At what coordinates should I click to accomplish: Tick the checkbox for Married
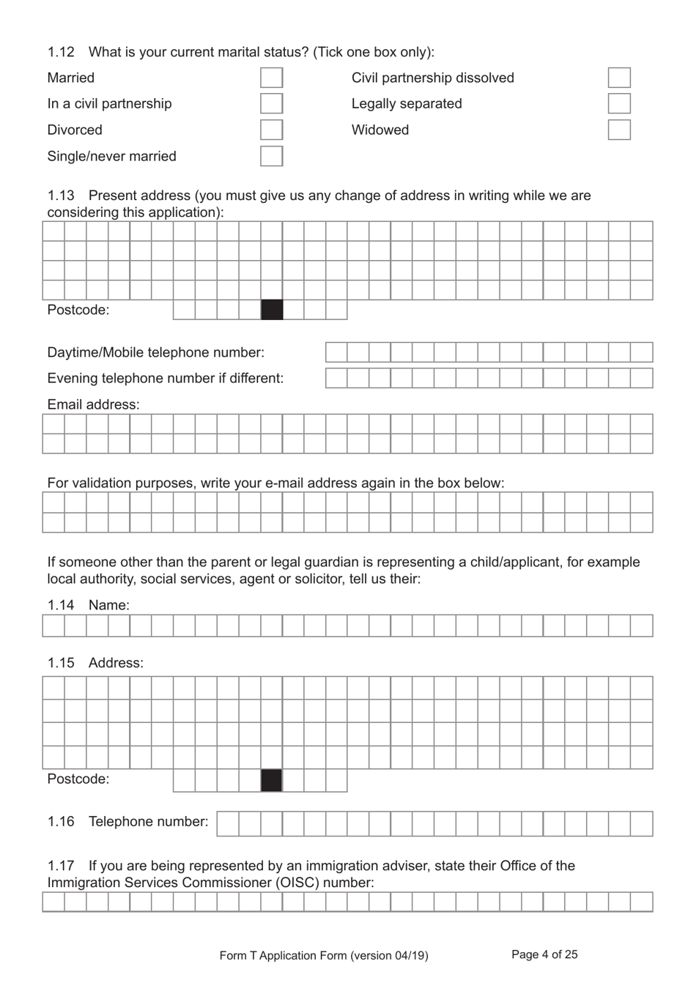point(271,78)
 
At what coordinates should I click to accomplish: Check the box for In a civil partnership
point(271,103)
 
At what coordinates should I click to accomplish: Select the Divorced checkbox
point(271,130)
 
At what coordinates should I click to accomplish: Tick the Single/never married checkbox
point(271,156)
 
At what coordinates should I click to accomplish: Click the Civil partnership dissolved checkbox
point(619,78)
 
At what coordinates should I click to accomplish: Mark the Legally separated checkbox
point(619,103)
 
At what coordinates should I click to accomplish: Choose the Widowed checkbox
point(619,130)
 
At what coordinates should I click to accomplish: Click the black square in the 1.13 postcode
point(272,310)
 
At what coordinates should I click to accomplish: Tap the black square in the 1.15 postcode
point(271,780)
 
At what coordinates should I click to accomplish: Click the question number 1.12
point(61,52)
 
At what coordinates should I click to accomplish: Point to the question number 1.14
point(61,605)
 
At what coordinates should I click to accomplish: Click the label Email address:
point(93,404)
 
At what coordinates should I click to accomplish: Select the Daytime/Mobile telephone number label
point(155,352)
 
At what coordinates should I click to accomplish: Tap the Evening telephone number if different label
point(165,378)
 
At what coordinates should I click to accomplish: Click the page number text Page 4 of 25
point(544,954)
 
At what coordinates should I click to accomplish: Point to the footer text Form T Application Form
point(283,955)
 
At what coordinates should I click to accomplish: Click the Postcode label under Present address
point(78,310)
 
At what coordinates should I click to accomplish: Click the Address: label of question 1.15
point(116,663)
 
